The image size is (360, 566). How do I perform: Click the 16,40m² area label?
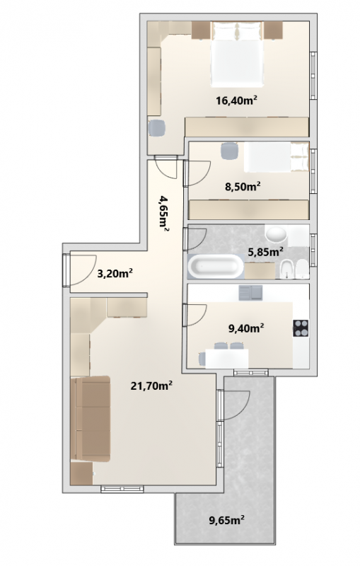point(236,100)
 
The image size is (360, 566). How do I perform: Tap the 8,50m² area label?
point(243,187)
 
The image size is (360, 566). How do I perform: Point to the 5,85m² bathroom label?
point(265,251)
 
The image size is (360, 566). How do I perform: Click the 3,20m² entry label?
point(115,273)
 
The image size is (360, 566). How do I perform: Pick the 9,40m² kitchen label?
point(246,328)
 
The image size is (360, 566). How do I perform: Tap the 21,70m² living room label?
point(151,386)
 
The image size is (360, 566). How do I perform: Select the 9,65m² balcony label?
point(227,520)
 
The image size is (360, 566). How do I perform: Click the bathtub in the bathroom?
point(216,267)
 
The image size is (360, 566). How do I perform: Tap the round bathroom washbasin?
point(277,235)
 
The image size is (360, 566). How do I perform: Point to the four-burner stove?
point(301,328)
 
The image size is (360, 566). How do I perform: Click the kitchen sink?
point(250,293)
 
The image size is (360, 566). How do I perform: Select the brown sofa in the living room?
point(91,419)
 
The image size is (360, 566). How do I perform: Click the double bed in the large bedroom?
point(237,54)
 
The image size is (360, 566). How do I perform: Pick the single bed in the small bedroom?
point(277,157)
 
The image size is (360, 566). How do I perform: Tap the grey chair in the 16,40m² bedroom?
point(157,128)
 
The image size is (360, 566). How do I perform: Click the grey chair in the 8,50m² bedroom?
point(230,151)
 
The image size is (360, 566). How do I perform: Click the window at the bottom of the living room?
point(122,489)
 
